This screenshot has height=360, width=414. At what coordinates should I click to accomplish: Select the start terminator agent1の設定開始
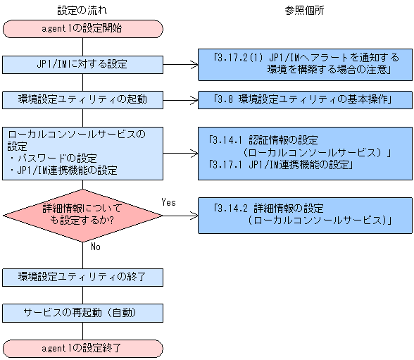click(83, 29)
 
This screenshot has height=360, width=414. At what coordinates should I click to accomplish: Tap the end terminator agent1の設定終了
click(83, 348)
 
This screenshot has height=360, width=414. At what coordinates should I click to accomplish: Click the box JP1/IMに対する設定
click(83, 64)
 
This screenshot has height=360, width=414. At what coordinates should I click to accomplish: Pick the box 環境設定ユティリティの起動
click(83, 99)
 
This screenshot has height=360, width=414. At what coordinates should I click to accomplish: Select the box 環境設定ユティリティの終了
click(83, 277)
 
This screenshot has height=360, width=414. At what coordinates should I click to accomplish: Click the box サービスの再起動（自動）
click(83, 312)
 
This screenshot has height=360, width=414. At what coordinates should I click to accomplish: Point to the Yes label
click(169, 202)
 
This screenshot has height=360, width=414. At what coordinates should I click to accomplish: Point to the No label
click(96, 247)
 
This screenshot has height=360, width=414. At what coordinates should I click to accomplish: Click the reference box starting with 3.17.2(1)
click(303, 64)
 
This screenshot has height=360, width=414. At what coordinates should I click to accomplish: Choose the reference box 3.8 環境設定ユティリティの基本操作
click(303, 99)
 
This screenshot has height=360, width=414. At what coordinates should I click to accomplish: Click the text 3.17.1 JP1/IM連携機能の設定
click(281, 165)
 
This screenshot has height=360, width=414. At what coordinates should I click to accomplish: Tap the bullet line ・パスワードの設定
click(54, 158)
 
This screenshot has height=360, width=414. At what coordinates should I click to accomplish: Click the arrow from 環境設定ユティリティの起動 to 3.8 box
click(180, 99)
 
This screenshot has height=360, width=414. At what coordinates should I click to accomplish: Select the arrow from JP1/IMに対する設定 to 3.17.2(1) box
click(180, 64)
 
